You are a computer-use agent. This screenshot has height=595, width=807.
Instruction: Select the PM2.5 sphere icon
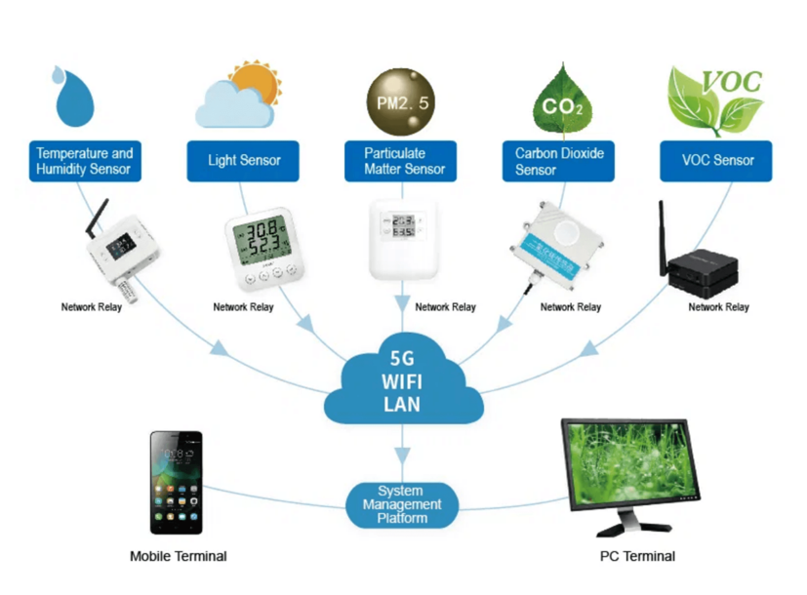click(x=399, y=99)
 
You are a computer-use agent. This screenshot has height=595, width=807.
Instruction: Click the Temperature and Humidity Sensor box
click(x=84, y=161)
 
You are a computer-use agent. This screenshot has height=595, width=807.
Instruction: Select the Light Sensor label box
click(x=244, y=161)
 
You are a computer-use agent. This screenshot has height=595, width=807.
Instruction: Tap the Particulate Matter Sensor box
click(x=400, y=161)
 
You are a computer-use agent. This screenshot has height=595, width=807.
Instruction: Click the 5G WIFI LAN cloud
click(x=403, y=381)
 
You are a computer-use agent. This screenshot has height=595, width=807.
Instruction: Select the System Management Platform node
click(x=402, y=505)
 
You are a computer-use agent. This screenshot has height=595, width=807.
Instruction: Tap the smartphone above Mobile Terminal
click(x=176, y=484)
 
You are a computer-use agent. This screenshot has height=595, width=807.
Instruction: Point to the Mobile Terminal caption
click(x=179, y=556)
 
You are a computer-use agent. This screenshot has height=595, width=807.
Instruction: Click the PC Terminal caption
click(x=637, y=556)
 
